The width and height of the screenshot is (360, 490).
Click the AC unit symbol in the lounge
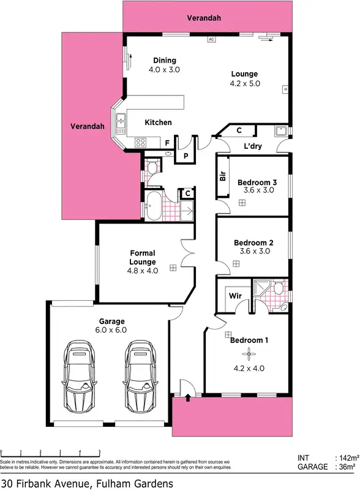211,39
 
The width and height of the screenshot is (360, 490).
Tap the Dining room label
165,61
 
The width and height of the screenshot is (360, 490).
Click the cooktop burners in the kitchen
140,143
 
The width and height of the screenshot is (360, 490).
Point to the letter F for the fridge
167,143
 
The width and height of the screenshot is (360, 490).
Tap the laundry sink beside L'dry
281,130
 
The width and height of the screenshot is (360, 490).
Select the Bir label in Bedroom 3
223,176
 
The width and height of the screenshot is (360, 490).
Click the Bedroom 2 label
253,243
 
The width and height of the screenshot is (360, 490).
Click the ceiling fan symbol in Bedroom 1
249,353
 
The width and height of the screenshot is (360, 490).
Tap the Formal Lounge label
143,257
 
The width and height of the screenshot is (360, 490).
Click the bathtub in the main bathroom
154,206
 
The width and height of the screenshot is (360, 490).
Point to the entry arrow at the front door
187,398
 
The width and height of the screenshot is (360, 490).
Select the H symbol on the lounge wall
285,89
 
